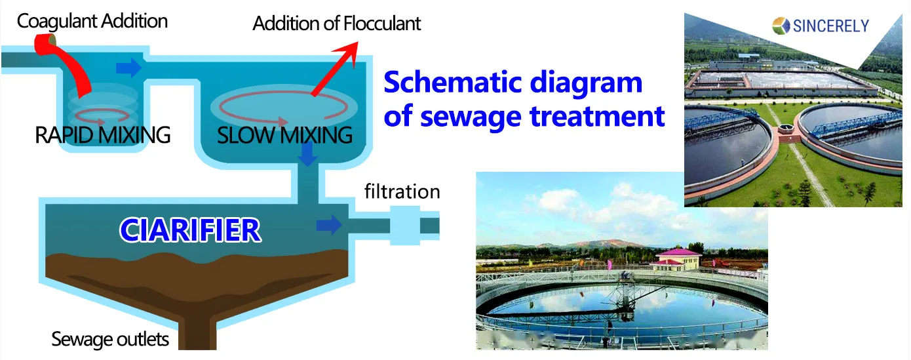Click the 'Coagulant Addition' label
(x=92, y=21)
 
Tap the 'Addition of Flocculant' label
(x=336, y=24)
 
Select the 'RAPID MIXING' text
(x=102, y=135)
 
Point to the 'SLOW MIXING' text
(x=284, y=136)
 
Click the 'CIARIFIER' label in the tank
(x=190, y=230)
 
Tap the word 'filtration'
(x=402, y=192)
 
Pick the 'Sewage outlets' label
(x=110, y=340)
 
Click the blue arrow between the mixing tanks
(x=128, y=67)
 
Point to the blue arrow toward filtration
(x=329, y=225)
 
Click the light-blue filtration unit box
(x=404, y=225)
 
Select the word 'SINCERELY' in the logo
(x=830, y=26)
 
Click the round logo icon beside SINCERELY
(x=782, y=26)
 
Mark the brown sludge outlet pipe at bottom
(x=201, y=335)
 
